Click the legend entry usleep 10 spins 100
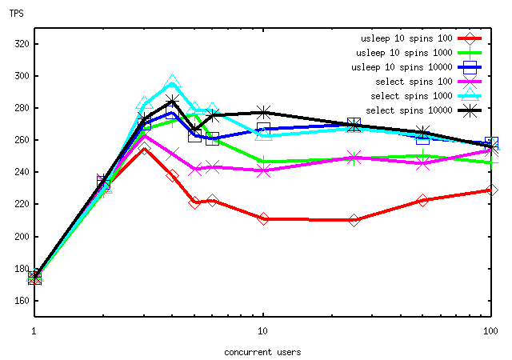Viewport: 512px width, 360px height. (x=406, y=38)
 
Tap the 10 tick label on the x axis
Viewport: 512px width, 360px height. (x=263, y=330)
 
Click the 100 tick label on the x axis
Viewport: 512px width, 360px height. (x=490, y=330)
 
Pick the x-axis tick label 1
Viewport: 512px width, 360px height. (x=34, y=330)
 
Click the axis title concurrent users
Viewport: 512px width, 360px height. (x=262, y=351)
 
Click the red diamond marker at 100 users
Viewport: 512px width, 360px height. (x=492, y=190)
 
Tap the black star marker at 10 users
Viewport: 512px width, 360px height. (x=263, y=112)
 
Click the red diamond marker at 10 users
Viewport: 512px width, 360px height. (x=263, y=218)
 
